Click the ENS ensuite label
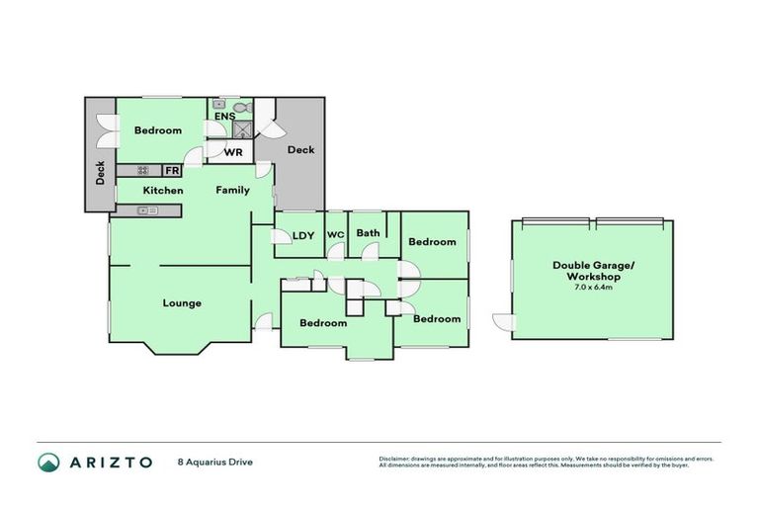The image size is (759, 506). pos(224,117)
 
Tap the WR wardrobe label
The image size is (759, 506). pos(234,152)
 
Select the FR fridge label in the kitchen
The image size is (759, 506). pos(171,171)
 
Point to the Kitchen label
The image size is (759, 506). pos(162,190)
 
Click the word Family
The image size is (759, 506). pos(233,190)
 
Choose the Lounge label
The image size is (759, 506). pos(182,303)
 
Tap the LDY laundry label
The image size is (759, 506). pos(303,235)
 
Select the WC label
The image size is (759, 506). pos(335,234)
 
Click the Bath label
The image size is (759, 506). pos(368,233)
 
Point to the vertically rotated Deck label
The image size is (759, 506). pos(100,174)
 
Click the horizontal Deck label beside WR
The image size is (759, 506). pos(300,150)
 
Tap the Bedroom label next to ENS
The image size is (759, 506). pos(158,130)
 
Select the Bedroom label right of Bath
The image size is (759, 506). pos(432,242)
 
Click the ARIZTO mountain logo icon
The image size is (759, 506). pos(48,462)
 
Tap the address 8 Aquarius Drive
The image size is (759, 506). pos(214,462)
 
